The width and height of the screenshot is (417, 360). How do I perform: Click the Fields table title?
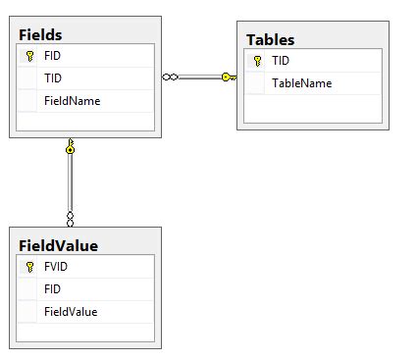40,34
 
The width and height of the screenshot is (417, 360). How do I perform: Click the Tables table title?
270,39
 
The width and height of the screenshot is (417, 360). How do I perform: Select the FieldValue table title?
58,245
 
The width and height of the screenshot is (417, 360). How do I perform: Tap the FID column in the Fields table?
53,56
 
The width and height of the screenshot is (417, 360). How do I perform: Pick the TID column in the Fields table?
53,78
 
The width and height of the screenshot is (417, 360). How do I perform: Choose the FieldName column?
72,100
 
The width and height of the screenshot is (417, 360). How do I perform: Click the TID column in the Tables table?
281,61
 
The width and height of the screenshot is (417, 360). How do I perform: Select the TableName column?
301,83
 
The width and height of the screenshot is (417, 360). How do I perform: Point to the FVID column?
56,266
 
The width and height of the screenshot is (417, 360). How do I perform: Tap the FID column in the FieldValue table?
53,288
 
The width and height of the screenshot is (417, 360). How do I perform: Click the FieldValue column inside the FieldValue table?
71,311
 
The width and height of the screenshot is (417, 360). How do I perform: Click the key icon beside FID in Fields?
29,56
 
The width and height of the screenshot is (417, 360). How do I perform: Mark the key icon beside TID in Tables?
257,61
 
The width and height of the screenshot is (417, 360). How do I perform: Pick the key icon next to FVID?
29,266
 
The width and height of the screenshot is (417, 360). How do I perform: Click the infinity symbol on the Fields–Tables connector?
170,77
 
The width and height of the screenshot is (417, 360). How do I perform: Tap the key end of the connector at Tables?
229,77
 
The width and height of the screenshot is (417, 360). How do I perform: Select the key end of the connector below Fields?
70,147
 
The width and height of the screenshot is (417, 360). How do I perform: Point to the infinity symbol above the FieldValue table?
70,217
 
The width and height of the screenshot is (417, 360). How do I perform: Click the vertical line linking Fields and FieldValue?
70,182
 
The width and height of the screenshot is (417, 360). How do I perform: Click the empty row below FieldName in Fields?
84,122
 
